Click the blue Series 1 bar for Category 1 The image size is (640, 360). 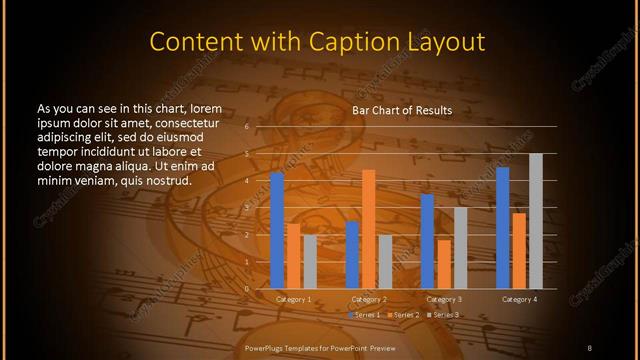click(277, 230)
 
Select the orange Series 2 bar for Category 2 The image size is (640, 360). click(368, 229)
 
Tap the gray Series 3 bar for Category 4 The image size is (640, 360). click(535, 221)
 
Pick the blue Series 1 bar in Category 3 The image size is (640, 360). click(427, 241)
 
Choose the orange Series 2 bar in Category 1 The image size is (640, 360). click(293, 256)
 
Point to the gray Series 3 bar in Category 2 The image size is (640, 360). click(385, 262)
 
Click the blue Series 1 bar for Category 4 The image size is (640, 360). click(502, 228)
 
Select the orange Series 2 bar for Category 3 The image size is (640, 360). click(443, 264)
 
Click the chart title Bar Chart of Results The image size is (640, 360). click(402, 110)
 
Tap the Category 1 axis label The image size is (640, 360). click(293, 299)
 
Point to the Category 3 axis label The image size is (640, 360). click(444, 299)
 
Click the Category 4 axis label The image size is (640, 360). click(519, 299)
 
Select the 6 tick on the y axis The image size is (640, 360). click(246, 127)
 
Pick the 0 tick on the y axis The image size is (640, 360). click(246, 289)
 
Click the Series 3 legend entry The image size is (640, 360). click(444, 315)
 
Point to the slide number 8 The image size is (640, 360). click(589, 347)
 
